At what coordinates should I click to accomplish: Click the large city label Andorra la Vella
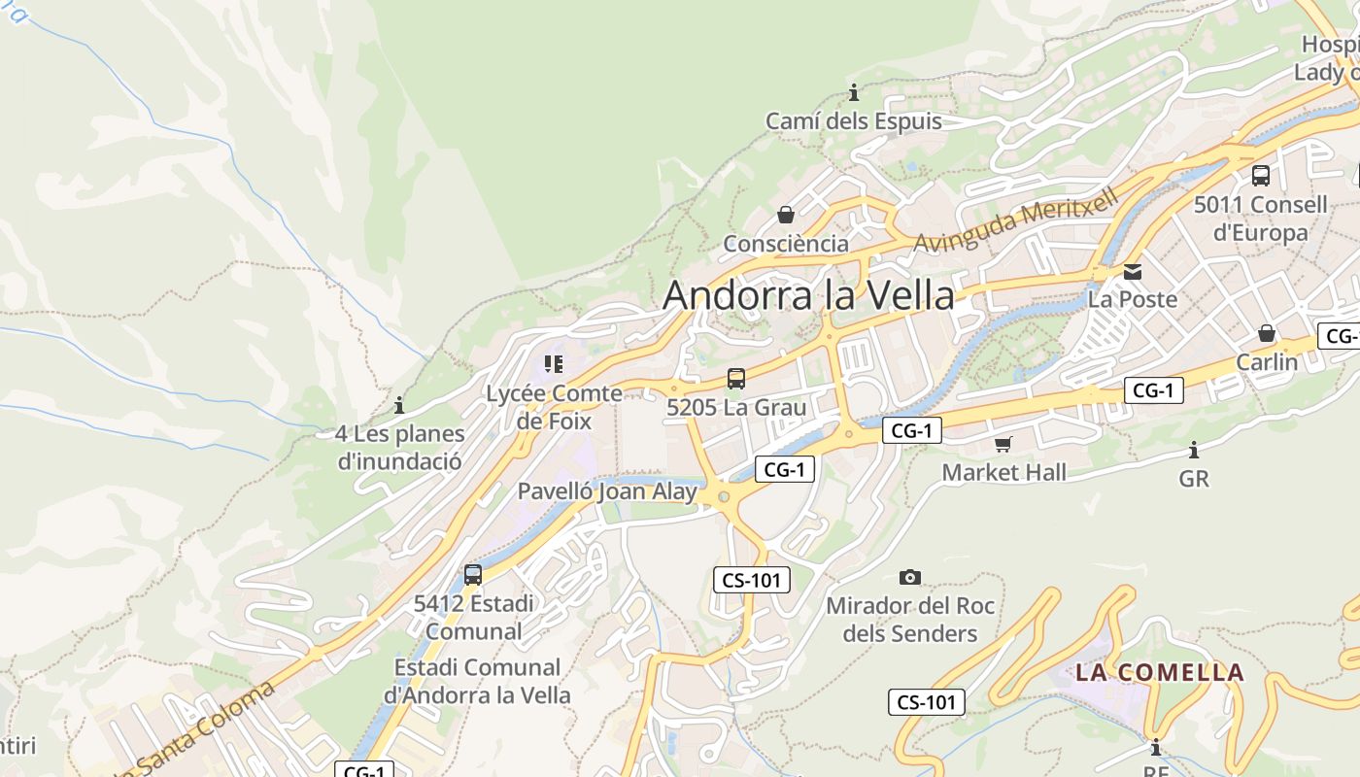coord(808,295)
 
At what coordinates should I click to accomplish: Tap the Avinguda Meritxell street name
coord(1016,220)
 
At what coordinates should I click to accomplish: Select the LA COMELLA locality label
coord(1159,672)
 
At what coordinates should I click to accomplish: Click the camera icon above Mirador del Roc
coord(910,577)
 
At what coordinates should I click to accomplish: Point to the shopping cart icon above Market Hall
coord(1003,444)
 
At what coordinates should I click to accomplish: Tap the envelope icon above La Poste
coord(1133,271)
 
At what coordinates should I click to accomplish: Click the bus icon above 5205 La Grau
coord(736,379)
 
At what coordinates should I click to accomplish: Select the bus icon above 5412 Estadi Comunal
coord(473,574)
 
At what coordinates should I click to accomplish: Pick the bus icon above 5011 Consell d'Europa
coord(1261,176)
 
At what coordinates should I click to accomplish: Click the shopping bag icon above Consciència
coord(786,215)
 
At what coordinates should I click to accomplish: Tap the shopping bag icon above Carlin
coord(1267,333)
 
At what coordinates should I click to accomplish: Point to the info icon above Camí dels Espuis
coord(854,93)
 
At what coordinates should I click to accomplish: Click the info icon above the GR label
coord(1194,450)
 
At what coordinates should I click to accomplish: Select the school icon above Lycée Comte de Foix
coord(554,364)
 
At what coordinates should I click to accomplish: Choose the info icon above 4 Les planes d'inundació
coord(398,405)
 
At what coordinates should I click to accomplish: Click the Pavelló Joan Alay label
coord(607,491)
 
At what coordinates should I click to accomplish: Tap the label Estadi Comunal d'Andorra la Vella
coord(478,681)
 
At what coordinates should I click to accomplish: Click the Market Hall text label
coord(1004,473)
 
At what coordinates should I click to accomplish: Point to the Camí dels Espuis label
coord(854,121)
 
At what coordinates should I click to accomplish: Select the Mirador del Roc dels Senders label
coord(910,620)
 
